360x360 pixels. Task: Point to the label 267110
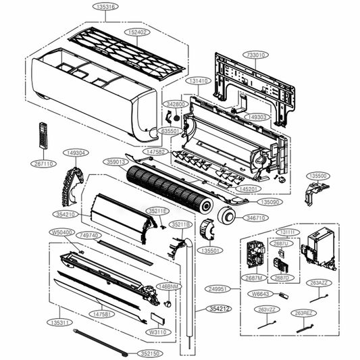tap(45, 163)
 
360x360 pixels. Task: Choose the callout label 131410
tap(199, 80)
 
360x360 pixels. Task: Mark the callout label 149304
tap(76, 153)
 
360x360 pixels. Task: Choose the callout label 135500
tap(317, 176)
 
